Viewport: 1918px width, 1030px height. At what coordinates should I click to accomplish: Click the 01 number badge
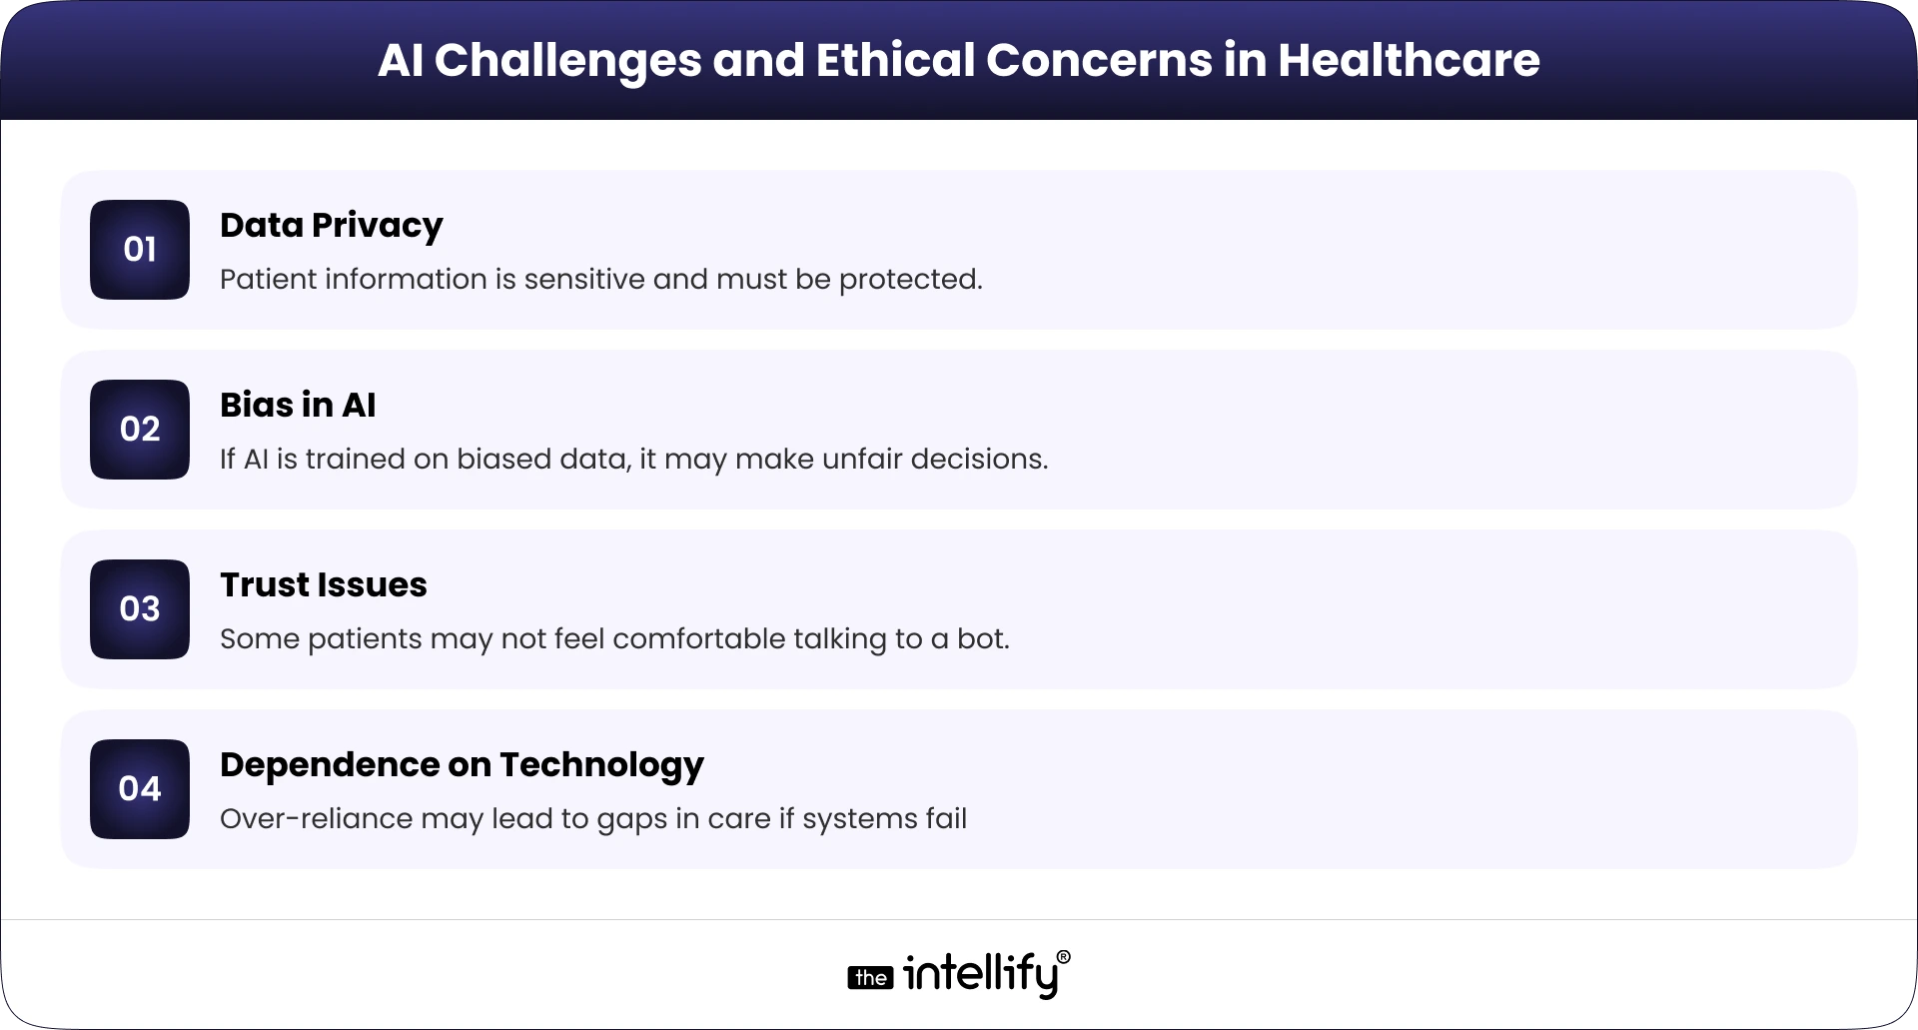pos(140,250)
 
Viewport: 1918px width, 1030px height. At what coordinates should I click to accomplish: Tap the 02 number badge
pos(140,430)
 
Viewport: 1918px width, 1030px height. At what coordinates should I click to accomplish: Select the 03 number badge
pos(140,609)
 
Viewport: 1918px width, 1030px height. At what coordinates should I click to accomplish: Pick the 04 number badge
pos(140,789)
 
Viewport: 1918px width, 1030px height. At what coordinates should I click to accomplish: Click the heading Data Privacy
pos(331,226)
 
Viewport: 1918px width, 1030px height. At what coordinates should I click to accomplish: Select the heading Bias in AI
pos(298,406)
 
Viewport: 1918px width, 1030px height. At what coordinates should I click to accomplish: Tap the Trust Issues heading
pos(323,585)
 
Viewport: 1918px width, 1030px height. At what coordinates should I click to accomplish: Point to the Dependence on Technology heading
pos(462,765)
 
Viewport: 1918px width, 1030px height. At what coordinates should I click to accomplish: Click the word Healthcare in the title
pos(1409,60)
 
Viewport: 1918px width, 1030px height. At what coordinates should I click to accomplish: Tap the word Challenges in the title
pos(567,62)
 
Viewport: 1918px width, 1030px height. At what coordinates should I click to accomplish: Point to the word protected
pos(909,281)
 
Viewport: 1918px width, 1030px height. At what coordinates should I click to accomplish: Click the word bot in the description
pos(981,639)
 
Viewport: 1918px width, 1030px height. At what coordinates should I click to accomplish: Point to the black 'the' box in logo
pos(870,978)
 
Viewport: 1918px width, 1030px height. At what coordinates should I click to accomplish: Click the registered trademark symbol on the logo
pos(1063,957)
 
